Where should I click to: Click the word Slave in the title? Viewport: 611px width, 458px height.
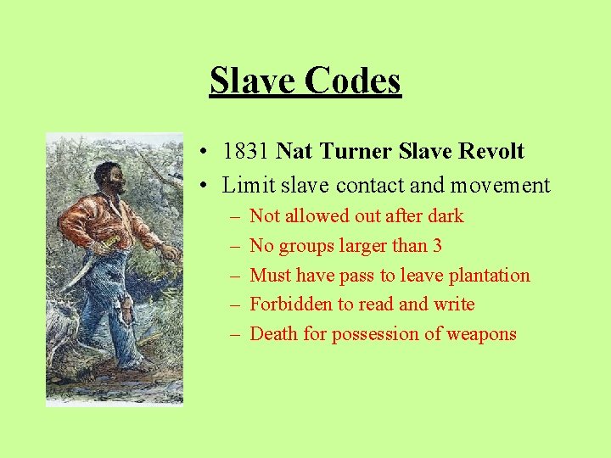coord(251,81)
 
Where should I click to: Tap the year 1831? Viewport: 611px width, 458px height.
coord(246,152)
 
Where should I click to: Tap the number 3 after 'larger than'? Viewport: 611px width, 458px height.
coord(437,246)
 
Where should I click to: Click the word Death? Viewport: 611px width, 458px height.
coord(275,334)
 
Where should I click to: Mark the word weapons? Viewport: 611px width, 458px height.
coord(481,334)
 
